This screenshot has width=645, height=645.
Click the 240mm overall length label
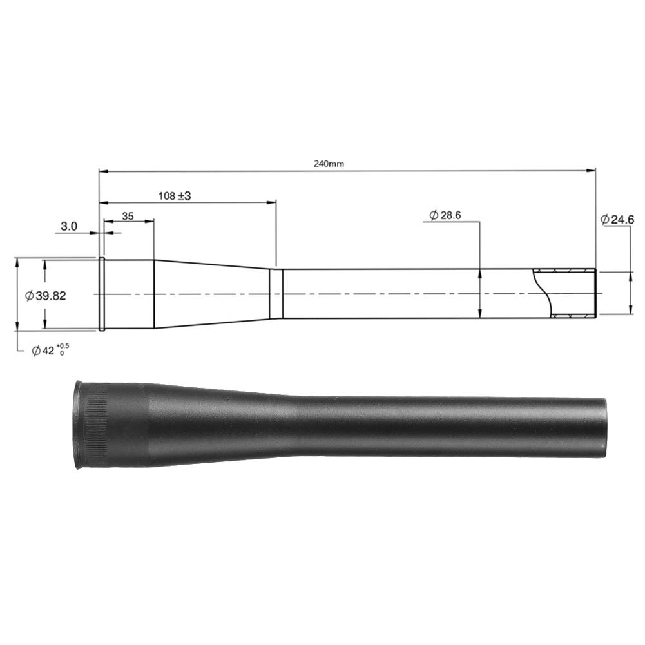[x=329, y=164]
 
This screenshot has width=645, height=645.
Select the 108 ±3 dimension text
[x=175, y=195]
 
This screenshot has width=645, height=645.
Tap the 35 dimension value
[x=128, y=217]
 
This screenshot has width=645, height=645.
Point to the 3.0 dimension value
[x=69, y=226]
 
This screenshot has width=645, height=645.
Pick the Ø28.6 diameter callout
[x=445, y=215]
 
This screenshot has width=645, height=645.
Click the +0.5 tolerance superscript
[x=64, y=346]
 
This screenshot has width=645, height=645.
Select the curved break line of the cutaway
[x=543, y=293]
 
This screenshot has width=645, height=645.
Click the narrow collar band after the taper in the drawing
[x=276, y=294]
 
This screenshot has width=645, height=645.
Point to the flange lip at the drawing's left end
[x=101, y=294]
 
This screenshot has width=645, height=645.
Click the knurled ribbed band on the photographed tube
[x=97, y=425]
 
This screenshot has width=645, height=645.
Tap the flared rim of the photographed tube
[x=78, y=425]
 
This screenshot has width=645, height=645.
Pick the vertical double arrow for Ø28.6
[x=480, y=294]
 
